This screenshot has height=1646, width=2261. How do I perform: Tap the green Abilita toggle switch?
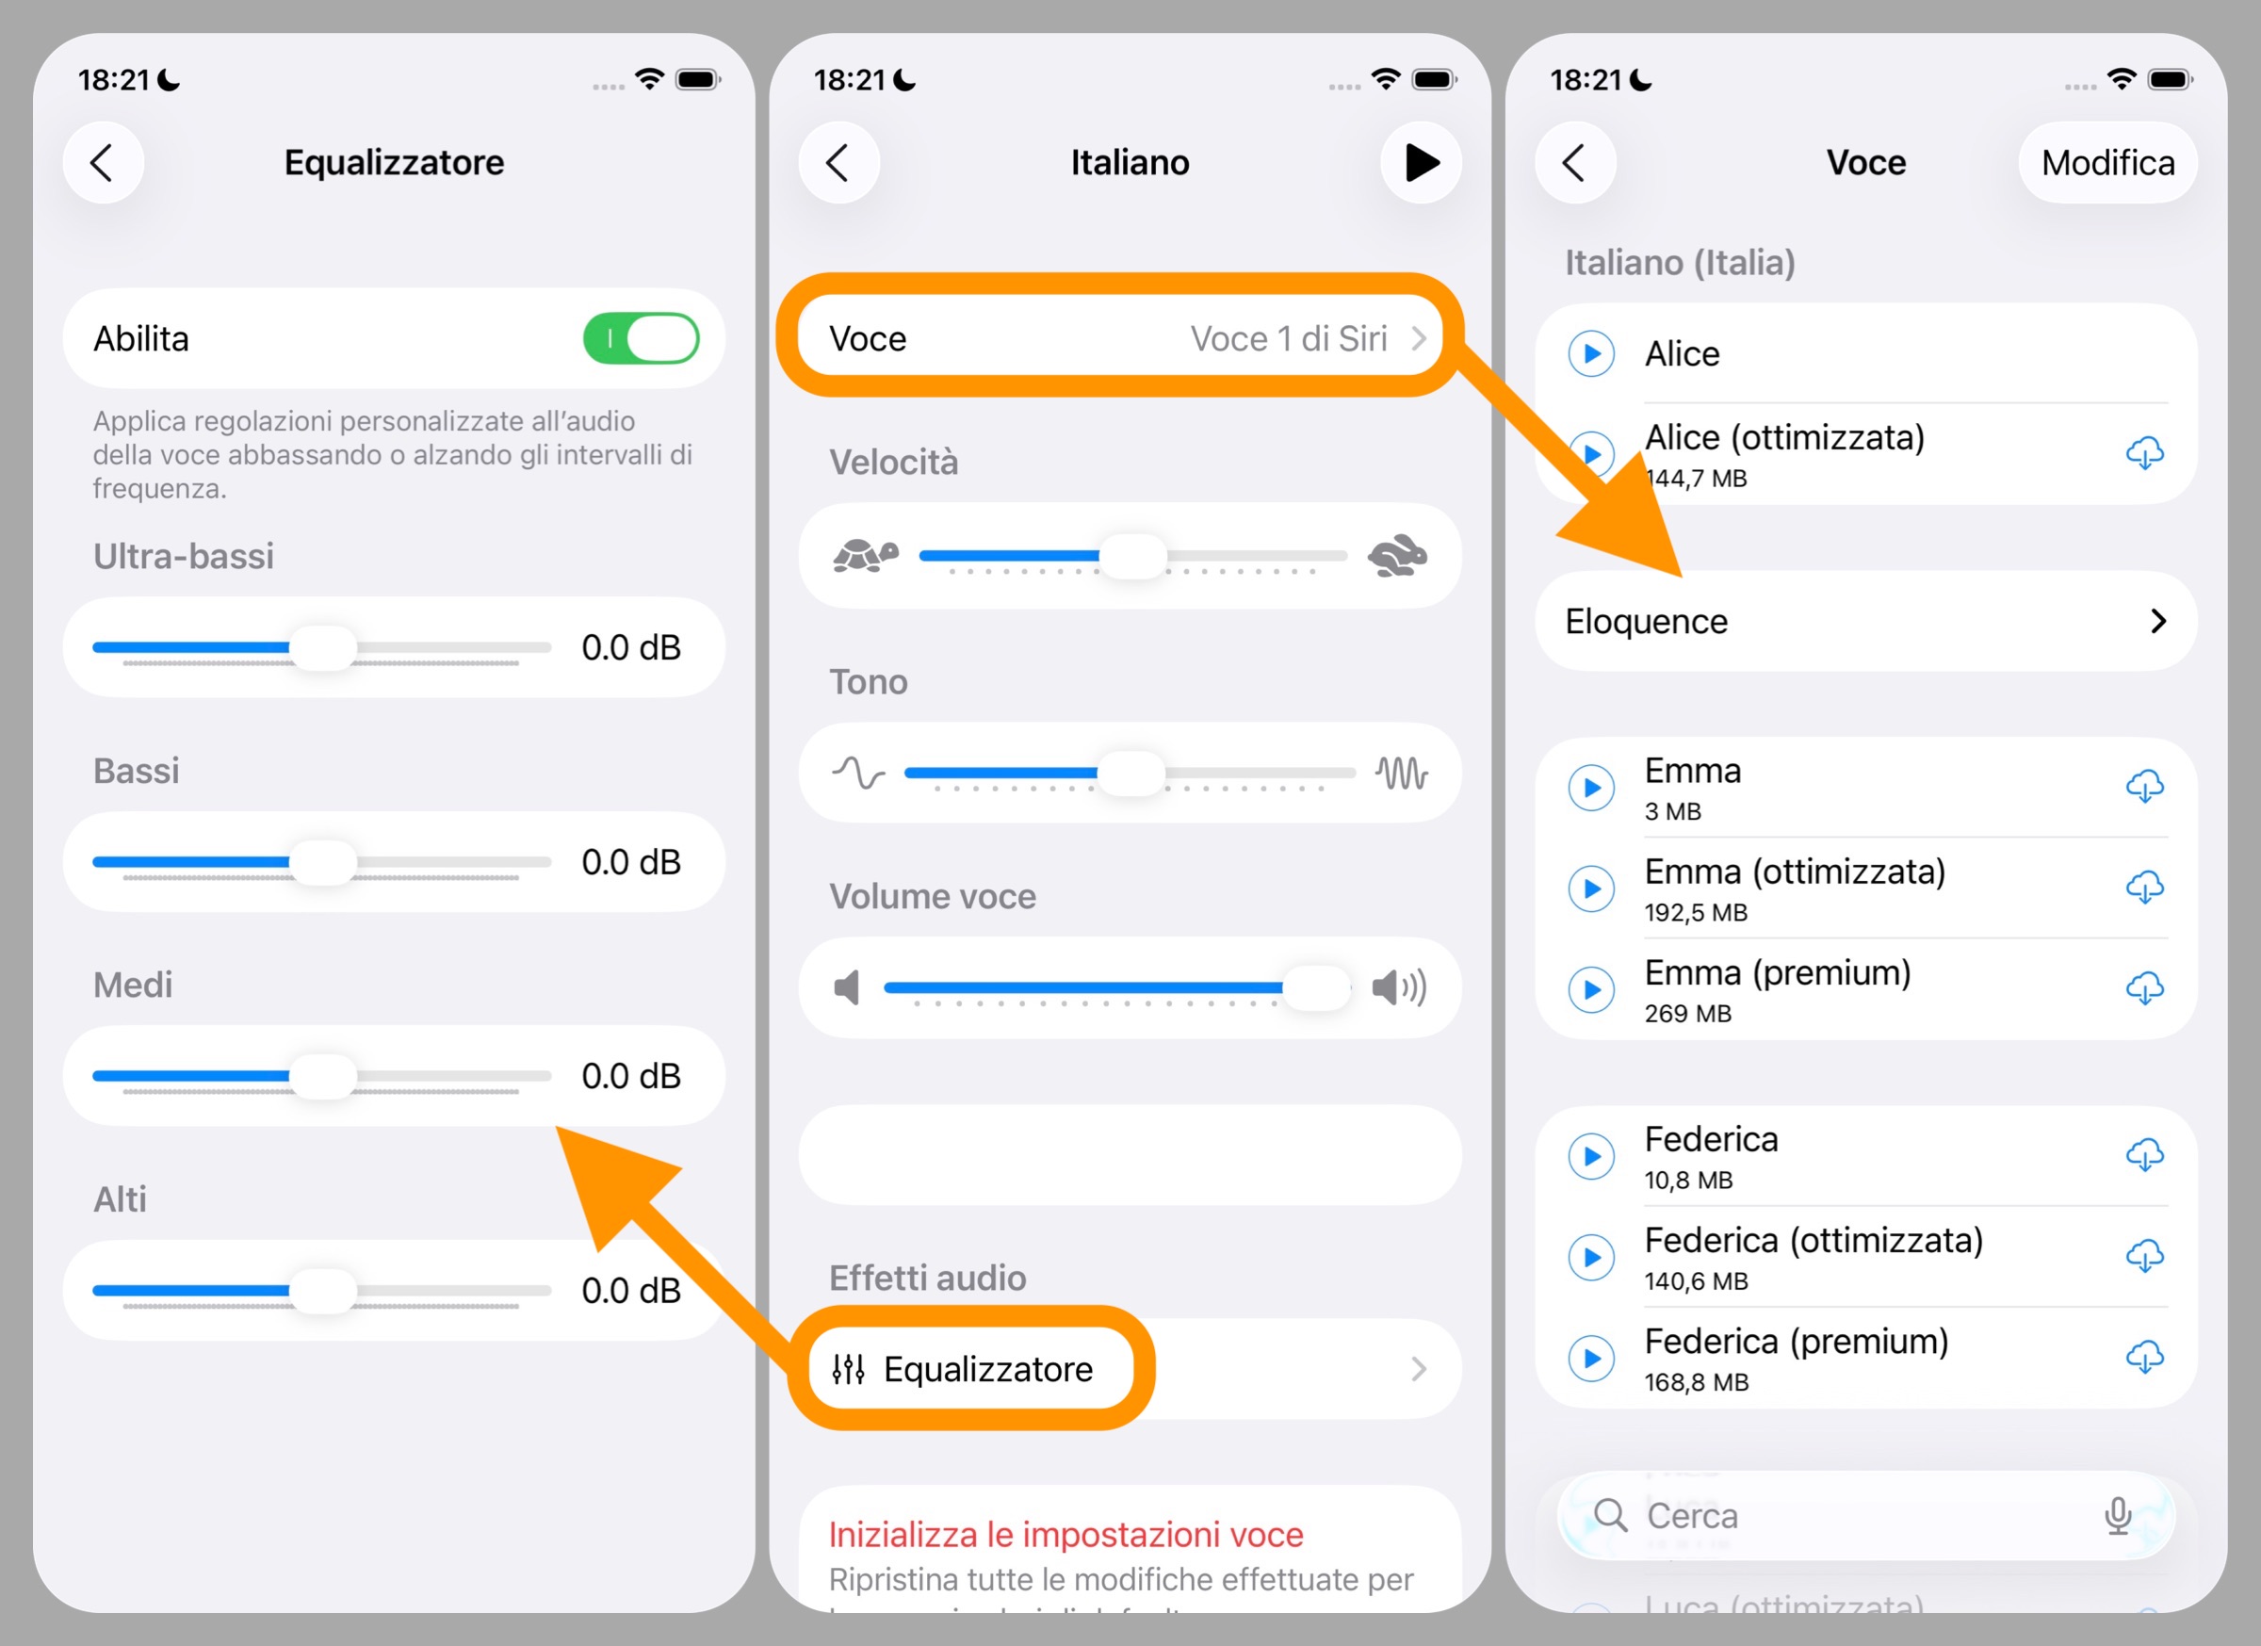point(640,339)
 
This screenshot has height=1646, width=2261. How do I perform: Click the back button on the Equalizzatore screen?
point(103,162)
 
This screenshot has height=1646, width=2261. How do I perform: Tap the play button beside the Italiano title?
point(1421,162)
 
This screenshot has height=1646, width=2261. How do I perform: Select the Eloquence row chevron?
point(2158,621)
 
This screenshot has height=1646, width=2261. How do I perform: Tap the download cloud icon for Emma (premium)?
point(2144,989)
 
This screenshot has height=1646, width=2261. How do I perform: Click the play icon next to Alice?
point(1591,354)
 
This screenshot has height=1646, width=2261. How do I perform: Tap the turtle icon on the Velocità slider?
point(864,555)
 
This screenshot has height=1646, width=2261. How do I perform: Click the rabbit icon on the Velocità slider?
point(1398,556)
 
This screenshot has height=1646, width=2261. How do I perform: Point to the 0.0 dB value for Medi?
point(631,1077)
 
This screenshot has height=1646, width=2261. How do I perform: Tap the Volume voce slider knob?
point(1317,988)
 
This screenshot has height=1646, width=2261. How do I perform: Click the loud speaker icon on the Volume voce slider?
point(1399,988)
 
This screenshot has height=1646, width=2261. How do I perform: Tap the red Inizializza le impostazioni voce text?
point(1065,1534)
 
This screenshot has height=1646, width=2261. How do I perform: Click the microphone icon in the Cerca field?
point(2118,1515)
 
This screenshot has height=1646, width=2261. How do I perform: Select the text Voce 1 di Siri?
point(1288,339)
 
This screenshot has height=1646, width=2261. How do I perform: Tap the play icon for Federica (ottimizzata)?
point(1591,1257)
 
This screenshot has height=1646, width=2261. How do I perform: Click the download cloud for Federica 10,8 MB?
point(2144,1155)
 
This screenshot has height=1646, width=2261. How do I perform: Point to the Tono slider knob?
point(1130,773)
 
